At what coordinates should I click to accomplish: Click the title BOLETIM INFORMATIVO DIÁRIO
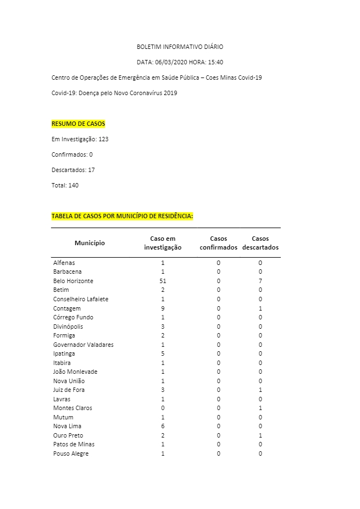click(180, 47)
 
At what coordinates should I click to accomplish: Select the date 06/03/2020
click(171, 62)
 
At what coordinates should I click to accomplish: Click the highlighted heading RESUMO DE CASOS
click(78, 124)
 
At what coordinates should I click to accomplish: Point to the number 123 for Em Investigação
click(103, 139)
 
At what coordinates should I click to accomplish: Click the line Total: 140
click(65, 185)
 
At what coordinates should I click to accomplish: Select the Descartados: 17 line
click(73, 170)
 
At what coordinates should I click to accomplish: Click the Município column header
click(90, 243)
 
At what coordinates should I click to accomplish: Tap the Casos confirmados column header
click(218, 243)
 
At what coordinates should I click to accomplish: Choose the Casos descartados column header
click(260, 243)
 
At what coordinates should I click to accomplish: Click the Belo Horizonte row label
click(73, 281)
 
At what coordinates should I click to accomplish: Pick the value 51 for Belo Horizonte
click(163, 281)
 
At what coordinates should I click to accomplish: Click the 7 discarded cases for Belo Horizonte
click(260, 281)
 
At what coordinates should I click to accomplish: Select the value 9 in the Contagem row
click(163, 308)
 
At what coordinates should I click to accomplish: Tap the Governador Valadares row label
click(83, 345)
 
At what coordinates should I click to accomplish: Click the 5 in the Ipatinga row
click(163, 353)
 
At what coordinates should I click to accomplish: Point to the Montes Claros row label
click(73, 408)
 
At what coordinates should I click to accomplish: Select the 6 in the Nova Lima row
click(163, 426)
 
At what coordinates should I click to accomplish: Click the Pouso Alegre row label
click(71, 453)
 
